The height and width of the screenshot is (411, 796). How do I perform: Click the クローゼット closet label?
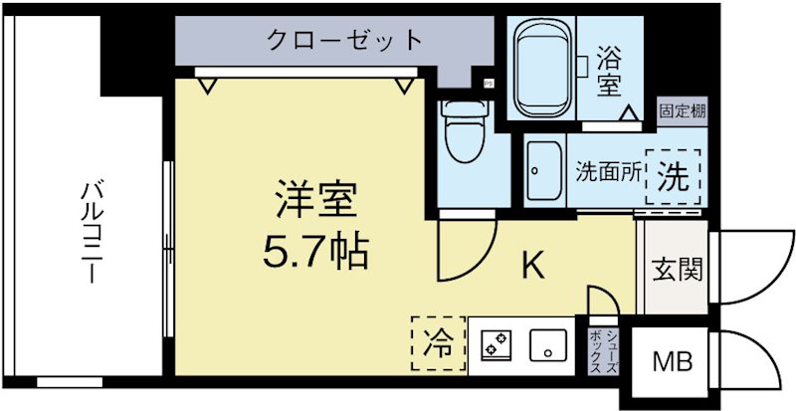pyautogui.click(x=344, y=42)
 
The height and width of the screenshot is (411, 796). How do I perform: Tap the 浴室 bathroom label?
pyautogui.click(x=610, y=71)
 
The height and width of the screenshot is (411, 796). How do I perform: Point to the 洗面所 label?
pyautogui.click(x=607, y=171)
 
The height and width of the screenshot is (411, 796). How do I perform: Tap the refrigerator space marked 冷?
pyautogui.click(x=436, y=343)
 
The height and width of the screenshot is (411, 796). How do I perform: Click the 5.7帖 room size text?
pyautogui.click(x=315, y=252)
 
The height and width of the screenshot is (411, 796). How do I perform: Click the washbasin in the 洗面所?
pyautogui.click(x=543, y=171)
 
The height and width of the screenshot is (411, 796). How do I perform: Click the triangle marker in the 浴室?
pyautogui.click(x=629, y=113)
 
